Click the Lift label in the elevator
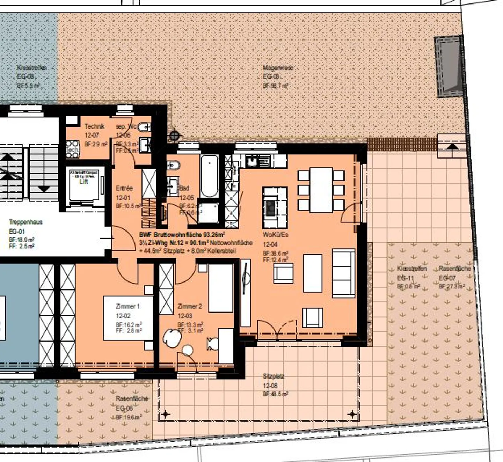coord(84,182)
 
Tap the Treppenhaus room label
coord(26,222)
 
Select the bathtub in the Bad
coord(209,176)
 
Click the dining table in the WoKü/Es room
coord(321,190)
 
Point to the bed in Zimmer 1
coord(128,318)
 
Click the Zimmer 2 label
coord(190,307)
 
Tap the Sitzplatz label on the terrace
coord(273,376)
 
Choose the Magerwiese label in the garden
coord(278,68)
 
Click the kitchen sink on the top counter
coord(251,161)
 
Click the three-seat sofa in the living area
coord(343,273)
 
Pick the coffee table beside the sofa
coord(313,273)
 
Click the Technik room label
coord(94,126)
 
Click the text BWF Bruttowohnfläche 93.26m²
coord(182,235)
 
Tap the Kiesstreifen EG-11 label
coord(412,269)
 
